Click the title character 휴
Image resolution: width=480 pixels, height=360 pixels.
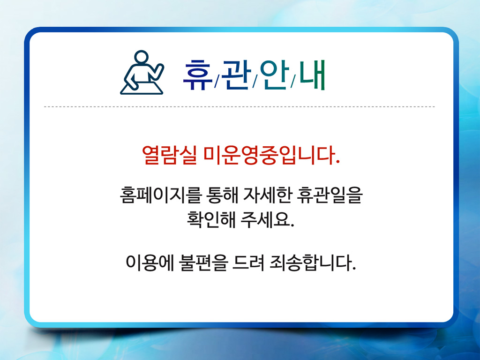(x=197, y=75)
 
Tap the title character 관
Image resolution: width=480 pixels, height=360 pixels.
(x=236, y=75)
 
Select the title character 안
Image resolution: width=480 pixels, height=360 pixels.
(x=274, y=75)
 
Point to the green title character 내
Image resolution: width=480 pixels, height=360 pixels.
(x=312, y=75)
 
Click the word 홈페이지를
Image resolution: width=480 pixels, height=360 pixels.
(x=161, y=195)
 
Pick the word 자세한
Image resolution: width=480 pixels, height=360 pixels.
(x=267, y=195)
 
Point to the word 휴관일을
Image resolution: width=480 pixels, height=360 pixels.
(x=330, y=195)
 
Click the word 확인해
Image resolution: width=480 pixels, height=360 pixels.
(x=211, y=219)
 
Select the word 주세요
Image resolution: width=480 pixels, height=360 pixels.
(x=267, y=219)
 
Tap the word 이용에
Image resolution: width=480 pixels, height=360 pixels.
(x=150, y=262)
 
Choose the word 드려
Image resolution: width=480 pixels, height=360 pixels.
(x=248, y=262)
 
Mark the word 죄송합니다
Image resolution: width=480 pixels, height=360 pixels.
(x=313, y=262)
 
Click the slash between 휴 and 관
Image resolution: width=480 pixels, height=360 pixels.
(x=217, y=81)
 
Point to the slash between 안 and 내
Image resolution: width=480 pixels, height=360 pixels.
(x=293, y=81)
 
